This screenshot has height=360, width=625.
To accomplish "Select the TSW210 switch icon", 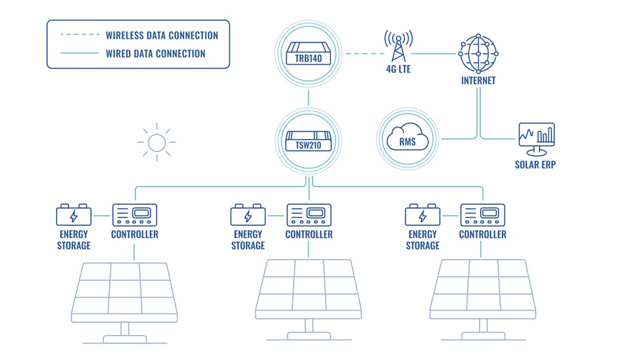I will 308,140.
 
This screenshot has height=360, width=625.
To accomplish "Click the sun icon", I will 156,141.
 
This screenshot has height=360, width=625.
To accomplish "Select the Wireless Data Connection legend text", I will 162,36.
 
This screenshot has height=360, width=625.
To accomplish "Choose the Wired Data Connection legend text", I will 155,54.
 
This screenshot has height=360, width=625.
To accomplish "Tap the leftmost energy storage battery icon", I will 73,215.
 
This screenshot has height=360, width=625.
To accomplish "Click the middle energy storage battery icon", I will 247,215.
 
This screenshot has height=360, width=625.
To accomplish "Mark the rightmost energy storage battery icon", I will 422,215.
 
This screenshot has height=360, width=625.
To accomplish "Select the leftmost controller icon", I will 134,215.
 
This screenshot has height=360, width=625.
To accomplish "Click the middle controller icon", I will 309,215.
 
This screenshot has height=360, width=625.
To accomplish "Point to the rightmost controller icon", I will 483,215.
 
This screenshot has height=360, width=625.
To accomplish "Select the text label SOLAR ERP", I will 535,165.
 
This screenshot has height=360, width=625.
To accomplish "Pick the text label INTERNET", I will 478,81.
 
